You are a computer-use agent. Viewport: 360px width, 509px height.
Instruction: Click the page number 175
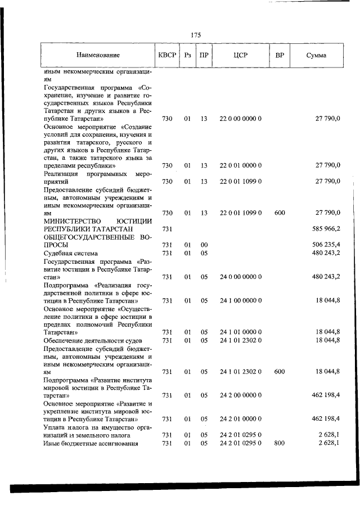pyautogui.click(x=196, y=35)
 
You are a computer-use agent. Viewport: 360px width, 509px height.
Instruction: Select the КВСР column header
pyautogui.click(x=167, y=56)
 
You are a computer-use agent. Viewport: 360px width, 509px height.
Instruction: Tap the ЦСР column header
pyautogui.click(x=240, y=56)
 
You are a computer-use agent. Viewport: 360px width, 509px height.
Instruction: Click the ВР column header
pyautogui.click(x=280, y=56)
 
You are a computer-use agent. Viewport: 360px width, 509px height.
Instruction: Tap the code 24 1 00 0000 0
pyautogui.click(x=240, y=301)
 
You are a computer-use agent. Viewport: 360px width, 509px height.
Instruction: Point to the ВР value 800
pyautogui.click(x=280, y=443)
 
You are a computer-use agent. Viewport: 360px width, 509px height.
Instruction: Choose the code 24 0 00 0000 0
pyautogui.click(x=240, y=277)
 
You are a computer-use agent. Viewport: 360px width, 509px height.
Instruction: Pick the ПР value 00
pyautogui.click(x=204, y=245)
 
